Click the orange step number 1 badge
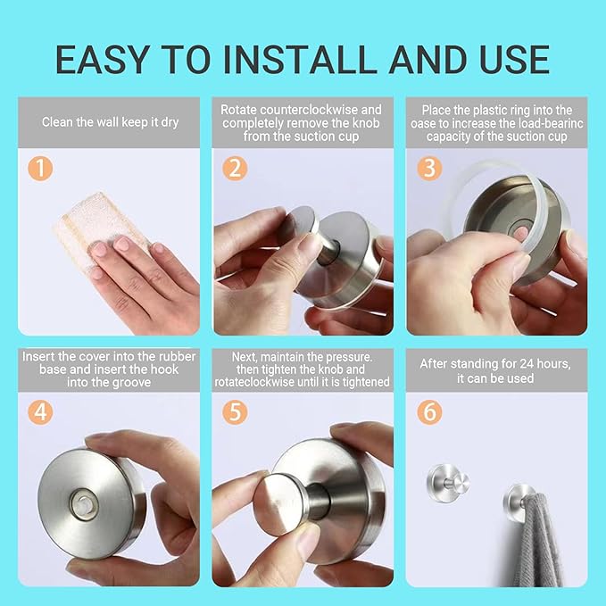[x=40, y=168]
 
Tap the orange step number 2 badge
[x=235, y=168]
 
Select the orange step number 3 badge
[x=429, y=168]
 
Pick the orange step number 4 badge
[x=40, y=412]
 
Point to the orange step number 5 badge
[x=235, y=412]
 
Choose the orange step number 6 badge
[x=429, y=412]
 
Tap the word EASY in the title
[x=103, y=60]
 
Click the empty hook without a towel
[x=448, y=483]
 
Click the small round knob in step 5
[x=279, y=504]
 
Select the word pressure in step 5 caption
[x=349, y=356]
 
